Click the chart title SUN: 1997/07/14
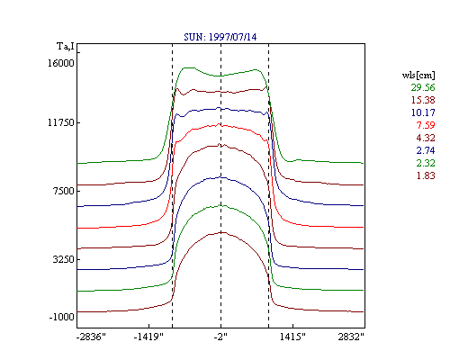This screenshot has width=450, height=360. [220, 37]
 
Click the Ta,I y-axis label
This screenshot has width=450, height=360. [66, 47]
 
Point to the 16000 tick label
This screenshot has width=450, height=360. [61, 63]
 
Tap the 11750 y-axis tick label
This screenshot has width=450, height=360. [61, 122]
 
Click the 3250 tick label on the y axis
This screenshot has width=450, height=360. [64, 259]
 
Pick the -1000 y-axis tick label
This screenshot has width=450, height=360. [61, 317]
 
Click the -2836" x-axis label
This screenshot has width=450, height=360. [91, 337]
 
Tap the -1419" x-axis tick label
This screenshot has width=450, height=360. [148, 337]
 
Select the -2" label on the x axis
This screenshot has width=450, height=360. [220, 337]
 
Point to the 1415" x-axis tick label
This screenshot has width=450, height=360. [292, 337]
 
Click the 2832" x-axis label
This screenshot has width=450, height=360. [351, 337]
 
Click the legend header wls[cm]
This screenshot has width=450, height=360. [418, 76]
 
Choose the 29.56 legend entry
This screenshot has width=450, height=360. [423, 87]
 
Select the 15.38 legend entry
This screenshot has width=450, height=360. [423, 100]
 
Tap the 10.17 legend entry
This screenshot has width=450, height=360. [423, 112]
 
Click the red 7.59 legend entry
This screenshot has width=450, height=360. [426, 125]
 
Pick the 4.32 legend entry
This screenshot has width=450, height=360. [426, 138]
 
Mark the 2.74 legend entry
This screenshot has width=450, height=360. [426, 150]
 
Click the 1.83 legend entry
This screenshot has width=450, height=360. [426, 175]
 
